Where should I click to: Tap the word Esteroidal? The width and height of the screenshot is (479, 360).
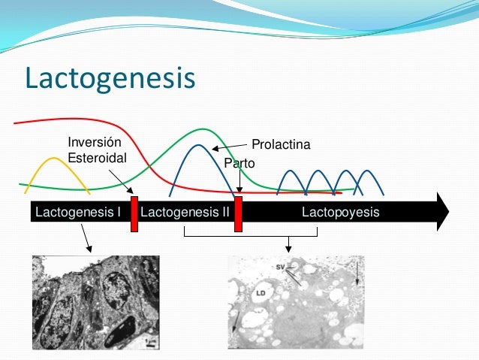[x=97, y=158]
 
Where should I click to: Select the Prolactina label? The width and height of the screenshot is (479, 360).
[x=281, y=144]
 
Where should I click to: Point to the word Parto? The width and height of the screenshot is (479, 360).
[x=239, y=163]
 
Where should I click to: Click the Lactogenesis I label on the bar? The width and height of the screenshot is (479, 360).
[x=78, y=213]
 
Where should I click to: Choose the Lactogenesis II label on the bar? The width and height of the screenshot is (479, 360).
[x=185, y=213]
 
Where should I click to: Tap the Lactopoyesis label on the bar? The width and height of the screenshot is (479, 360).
[x=340, y=213]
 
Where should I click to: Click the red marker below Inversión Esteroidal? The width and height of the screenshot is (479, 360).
[x=134, y=214]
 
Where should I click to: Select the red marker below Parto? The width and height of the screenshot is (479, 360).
[x=238, y=214]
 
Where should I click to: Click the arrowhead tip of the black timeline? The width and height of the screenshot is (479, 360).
[x=447, y=212]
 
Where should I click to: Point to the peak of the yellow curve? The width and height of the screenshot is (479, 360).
[x=51, y=159]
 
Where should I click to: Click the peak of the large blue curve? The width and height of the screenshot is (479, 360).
[x=197, y=145]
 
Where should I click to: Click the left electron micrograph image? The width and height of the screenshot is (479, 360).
[x=95, y=302]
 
